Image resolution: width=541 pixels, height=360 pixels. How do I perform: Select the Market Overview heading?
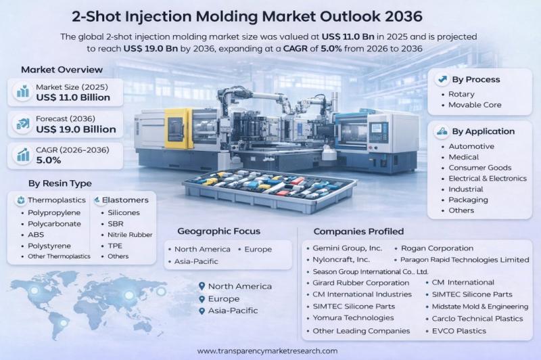coord(62,70)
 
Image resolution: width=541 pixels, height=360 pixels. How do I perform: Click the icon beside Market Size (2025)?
coord(22,92)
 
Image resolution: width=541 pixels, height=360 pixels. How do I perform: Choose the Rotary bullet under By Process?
coord(462,94)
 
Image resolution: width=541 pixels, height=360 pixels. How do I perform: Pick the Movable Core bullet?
coord(475,105)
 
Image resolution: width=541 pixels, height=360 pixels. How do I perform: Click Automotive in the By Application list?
coord(471,146)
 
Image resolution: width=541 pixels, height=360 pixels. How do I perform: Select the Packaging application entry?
coord(468,200)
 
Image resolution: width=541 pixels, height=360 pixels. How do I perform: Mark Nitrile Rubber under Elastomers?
coord(131,235)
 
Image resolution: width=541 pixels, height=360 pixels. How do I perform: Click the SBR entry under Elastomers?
coord(116,224)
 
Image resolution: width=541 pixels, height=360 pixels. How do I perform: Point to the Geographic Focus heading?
coord(218,231)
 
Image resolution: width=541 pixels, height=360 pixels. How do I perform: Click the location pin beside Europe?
coord(201,298)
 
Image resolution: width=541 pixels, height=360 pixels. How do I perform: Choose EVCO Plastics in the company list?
coord(459,331)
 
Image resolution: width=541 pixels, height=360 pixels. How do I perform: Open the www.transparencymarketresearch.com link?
coord(267,351)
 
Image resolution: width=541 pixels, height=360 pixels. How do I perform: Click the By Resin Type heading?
coord(60,183)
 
